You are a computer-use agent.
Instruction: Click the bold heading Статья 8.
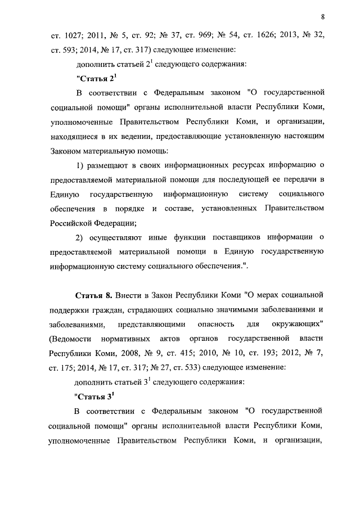[x=94, y=295]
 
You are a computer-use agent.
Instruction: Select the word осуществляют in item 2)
[x=118, y=237]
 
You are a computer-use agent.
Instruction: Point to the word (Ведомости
[x=70, y=339]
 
